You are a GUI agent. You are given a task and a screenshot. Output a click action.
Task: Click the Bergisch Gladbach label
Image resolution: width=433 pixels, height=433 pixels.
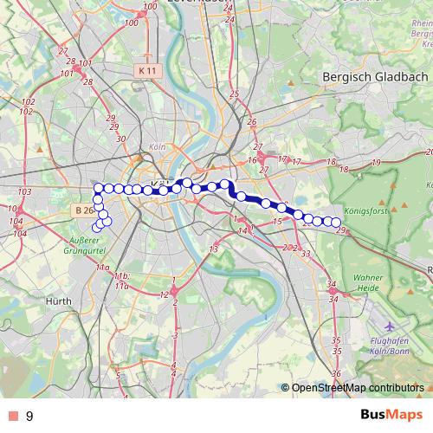point(374,76)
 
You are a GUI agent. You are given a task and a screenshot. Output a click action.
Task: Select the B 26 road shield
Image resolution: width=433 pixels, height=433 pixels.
point(81,210)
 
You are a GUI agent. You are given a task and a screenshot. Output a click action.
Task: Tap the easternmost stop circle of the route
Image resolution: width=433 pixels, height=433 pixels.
point(336,223)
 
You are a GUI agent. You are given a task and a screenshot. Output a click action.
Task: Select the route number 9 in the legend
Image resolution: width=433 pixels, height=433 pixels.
point(29,417)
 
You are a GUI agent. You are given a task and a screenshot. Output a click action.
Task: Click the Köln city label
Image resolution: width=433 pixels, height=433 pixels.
point(157,147)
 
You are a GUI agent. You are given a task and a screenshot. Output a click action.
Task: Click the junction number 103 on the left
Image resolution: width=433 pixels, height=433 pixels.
point(23,191)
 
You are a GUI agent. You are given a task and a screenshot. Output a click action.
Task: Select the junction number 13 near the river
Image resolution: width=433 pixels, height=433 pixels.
point(213,249)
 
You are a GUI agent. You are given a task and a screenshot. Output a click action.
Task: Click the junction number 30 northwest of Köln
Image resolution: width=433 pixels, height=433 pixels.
point(120,139)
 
